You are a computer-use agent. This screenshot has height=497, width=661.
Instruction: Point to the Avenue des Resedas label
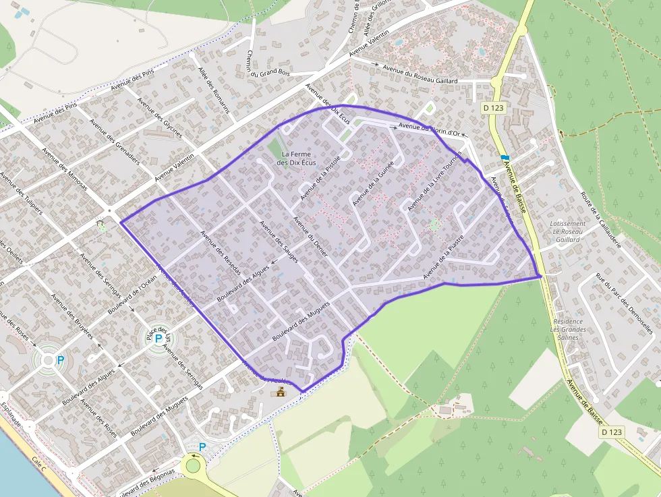[221, 251]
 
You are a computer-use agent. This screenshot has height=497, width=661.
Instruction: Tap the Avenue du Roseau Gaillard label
[420, 74]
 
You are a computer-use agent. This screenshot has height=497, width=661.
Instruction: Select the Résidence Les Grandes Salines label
[567, 330]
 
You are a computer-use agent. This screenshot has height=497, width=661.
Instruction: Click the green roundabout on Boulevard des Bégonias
[194, 465]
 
